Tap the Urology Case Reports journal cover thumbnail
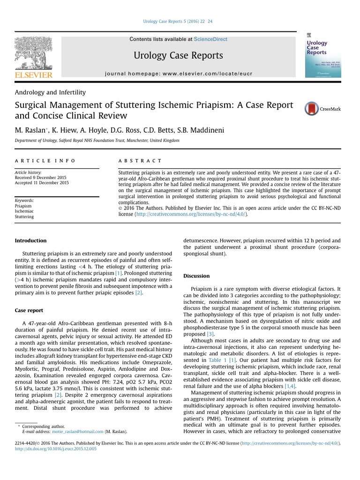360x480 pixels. click(323, 55)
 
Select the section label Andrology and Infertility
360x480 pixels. click(50, 92)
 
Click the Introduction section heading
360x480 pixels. click(30, 240)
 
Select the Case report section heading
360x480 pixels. click(29, 310)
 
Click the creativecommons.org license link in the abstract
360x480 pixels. click(190, 214)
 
